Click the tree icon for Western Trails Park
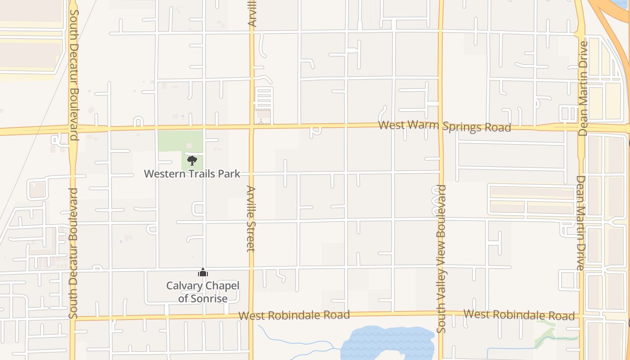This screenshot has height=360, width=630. [x=192, y=160]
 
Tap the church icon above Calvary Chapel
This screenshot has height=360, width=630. [x=203, y=272]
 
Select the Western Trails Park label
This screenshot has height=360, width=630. [x=192, y=174]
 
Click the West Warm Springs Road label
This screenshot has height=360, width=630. [x=445, y=126]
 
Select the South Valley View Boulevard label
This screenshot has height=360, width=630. [x=441, y=259]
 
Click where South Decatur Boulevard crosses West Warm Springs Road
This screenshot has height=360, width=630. [x=72, y=129]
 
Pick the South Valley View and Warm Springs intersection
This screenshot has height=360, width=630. [x=441, y=126]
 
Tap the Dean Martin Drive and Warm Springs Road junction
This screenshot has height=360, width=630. [x=581, y=128]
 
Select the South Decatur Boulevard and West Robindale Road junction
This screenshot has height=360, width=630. [x=73, y=319]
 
